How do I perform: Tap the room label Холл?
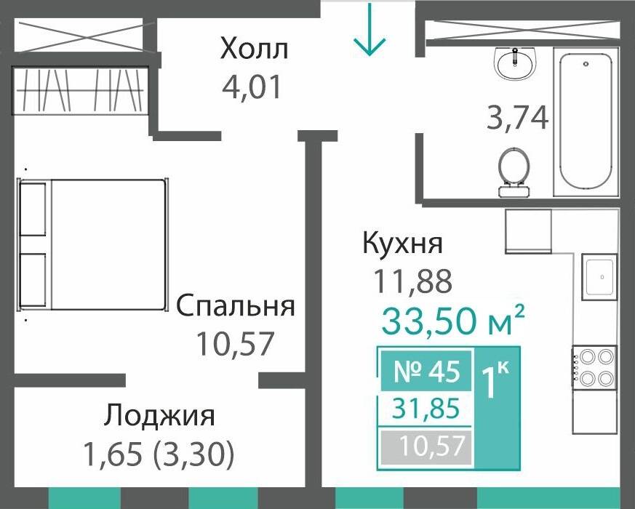[255, 49]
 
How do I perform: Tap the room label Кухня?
[402, 244]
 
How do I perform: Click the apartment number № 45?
[426, 372]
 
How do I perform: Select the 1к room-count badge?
[496, 381]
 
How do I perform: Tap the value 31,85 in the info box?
[426, 409]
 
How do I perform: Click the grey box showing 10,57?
[426, 444]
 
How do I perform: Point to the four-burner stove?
[595, 367]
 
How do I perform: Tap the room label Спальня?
[236, 306]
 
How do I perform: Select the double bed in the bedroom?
[92, 245]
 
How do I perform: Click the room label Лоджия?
[159, 417]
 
